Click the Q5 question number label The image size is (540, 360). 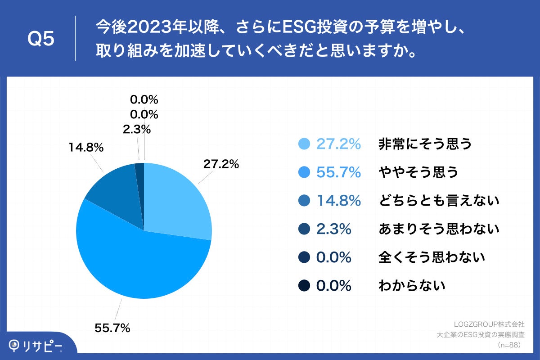(41, 39)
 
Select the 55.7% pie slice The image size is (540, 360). (135, 261)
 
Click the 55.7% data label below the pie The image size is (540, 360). (112, 328)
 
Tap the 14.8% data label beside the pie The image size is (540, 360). (86, 147)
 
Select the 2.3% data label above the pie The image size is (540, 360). (136, 130)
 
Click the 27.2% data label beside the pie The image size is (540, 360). (220, 164)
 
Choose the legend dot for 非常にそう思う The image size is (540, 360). (305, 144)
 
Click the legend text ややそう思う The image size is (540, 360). (418, 172)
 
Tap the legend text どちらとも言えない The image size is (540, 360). (439, 201)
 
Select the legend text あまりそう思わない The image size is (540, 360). (439, 229)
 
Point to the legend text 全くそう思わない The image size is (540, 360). (432, 257)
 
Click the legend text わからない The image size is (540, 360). (412, 286)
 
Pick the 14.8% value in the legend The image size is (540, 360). (338, 201)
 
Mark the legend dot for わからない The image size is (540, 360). (305, 286)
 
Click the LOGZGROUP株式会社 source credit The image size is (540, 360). (488, 324)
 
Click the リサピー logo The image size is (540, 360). (36, 345)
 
